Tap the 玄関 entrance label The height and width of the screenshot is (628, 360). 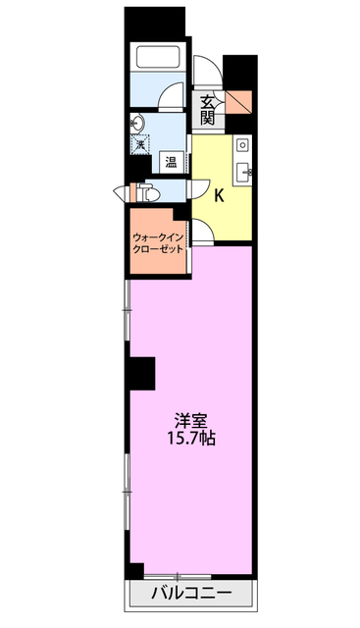[x=208, y=109]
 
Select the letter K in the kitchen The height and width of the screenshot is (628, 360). [x=219, y=195]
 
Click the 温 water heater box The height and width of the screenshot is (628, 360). [x=171, y=162]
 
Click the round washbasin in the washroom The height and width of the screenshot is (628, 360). [x=137, y=124]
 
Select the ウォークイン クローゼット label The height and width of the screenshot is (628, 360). [x=158, y=242]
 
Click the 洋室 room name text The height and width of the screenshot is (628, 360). [x=191, y=416]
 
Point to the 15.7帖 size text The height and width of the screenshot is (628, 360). [x=191, y=438]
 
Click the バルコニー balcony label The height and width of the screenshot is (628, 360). [x=191, y=594]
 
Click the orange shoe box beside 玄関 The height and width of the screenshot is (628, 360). [x=240, y=101]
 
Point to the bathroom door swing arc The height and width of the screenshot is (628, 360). [x=174, y=98]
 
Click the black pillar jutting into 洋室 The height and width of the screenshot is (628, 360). [x=140, y=373]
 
